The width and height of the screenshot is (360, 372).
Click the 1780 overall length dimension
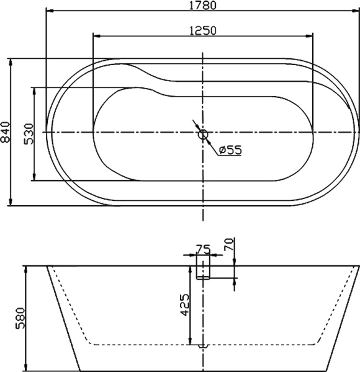[x=203, y=6]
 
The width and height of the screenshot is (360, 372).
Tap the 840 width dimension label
[x=6, y=132]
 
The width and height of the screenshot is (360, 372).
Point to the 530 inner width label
[x=29, y=133]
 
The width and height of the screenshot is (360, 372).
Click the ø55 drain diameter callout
[x=230, y=149]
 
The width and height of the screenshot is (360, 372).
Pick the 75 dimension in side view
[x=202, y=249]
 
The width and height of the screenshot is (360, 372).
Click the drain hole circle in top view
[x=203, y=133]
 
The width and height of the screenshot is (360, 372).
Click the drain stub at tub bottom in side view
[x=203, y=345]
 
